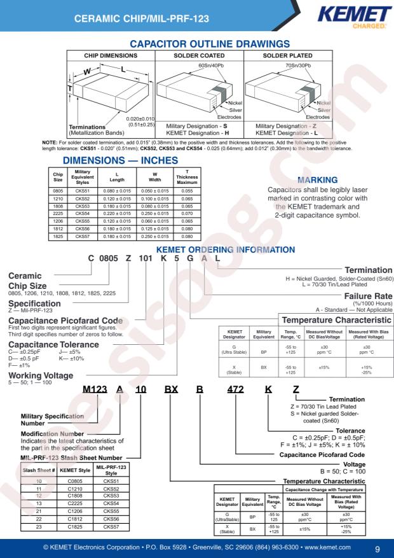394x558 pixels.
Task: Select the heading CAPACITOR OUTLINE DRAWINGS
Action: pos(210,44)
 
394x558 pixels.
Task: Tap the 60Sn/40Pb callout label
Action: pos(212,66)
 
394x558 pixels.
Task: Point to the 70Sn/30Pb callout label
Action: pos(299,66)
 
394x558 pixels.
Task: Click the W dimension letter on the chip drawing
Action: pos(87,72)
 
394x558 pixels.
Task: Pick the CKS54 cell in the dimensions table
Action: pos(83,214)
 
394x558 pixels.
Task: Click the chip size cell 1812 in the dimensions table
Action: pos(58,229)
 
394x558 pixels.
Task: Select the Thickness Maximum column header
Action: pos(187,177)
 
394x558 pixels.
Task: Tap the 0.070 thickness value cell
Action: pos(187,214)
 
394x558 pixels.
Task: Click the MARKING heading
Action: pos(318,180)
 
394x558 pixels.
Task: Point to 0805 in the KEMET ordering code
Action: pos(109,259)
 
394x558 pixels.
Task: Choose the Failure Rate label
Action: pos(368,296)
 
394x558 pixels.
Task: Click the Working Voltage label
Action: pos(41,375)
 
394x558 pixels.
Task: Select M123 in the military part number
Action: pos(95,389)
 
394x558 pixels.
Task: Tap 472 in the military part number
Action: pos(236,389)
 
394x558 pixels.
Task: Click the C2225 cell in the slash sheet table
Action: pos(75,503)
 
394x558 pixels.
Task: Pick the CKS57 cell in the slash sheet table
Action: pos(111,527)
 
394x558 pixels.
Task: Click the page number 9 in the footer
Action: pos(377,548)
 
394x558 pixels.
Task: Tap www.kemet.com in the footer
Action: pos(327,547)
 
